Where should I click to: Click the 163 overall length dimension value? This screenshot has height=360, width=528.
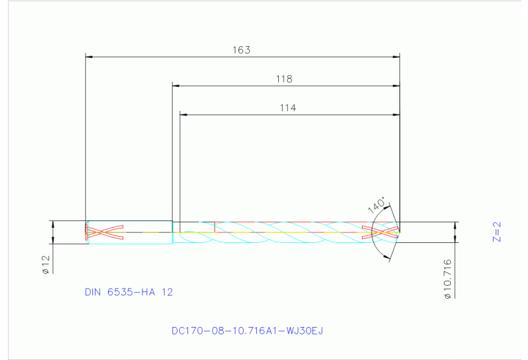tap(242, 50)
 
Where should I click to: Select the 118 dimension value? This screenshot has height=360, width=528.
tap(284, 79)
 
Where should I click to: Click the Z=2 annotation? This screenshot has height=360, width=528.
tap(497, 232)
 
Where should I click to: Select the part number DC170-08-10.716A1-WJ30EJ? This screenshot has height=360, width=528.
tap(247, 330)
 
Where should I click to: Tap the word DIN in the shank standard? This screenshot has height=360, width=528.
tap(92, 292)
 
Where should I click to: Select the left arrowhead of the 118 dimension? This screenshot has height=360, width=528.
tap(176, 86)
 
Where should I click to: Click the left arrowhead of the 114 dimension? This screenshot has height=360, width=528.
tap(183, 114)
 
